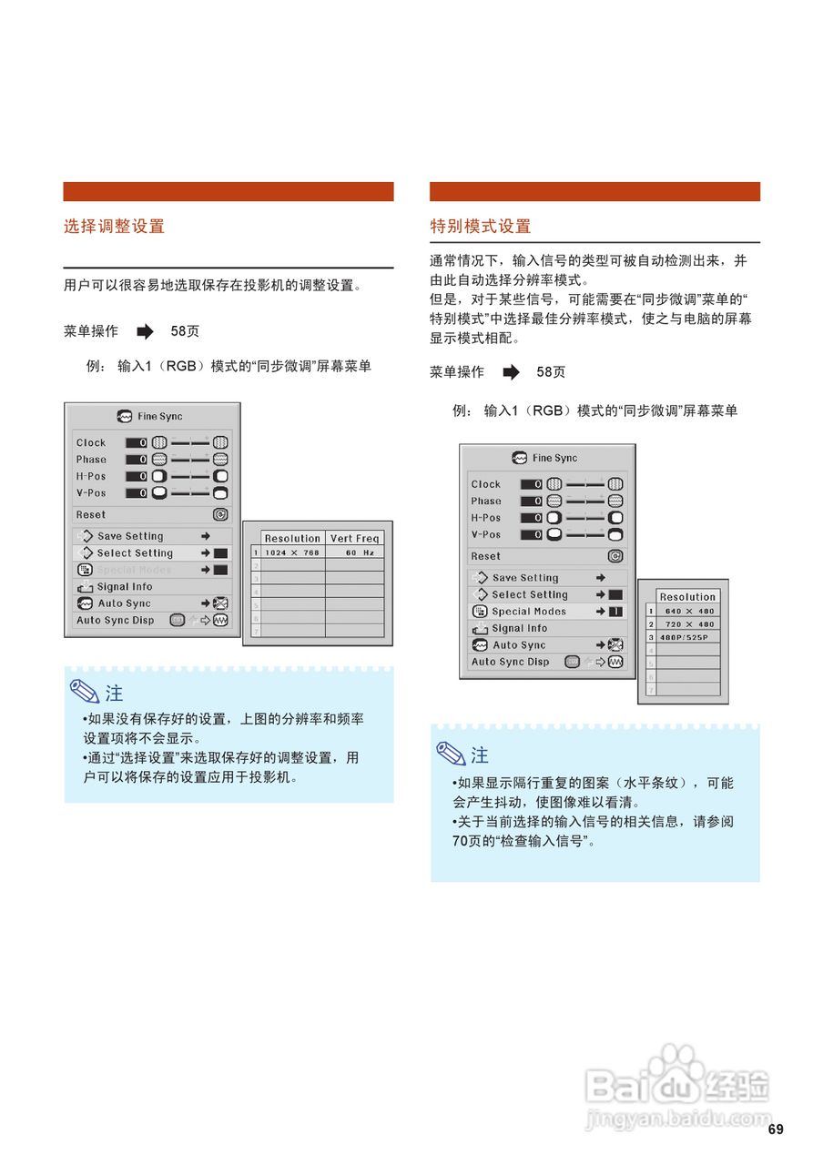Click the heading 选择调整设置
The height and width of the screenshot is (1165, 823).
tap(114, 227)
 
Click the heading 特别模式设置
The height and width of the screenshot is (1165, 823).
tap(480, 227)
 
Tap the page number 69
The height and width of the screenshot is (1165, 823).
tap(775, 1130)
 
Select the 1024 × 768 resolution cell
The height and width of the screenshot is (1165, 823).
tap(291, 552)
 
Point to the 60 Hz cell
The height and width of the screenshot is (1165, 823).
tap(354, 552)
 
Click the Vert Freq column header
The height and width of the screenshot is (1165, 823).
tap(354, 539)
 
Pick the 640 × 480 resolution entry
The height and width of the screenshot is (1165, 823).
tap(690, 611)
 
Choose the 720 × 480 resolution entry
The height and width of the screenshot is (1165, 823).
tap(690, 624)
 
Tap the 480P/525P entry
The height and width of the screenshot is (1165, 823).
tap(684, 638)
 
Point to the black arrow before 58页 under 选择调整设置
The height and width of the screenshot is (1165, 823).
tap(145, 331)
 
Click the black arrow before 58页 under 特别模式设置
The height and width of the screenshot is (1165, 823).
tap(511, 372)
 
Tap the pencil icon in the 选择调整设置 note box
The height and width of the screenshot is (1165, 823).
tap(86, 693)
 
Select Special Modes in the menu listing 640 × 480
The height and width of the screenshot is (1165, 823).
tap(528, 612)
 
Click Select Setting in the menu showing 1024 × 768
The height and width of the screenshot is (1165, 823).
tap(135, 553)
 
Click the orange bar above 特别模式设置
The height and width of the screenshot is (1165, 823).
tap(594, 191)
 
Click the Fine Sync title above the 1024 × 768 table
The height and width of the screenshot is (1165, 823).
tap(159, 417)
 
